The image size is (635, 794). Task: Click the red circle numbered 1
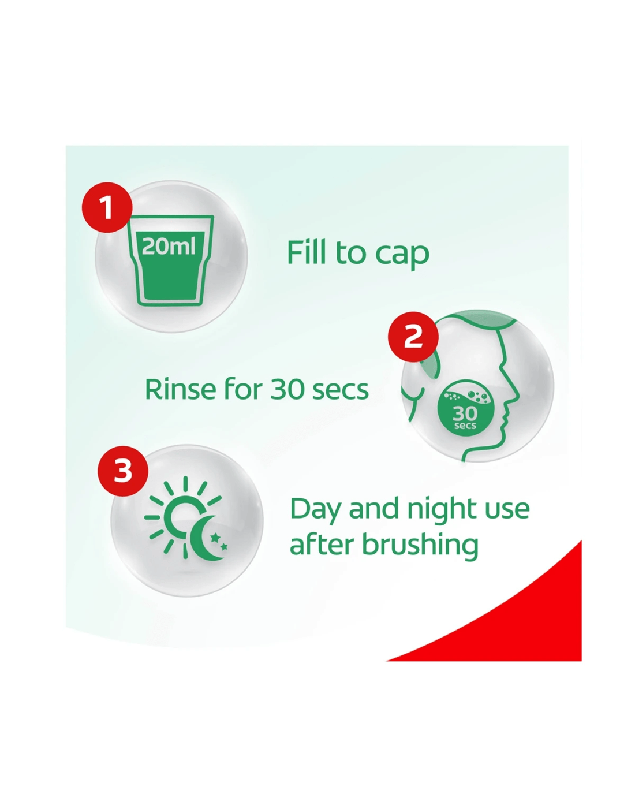107,207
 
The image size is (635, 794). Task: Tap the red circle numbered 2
413,336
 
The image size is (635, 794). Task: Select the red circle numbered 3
123,471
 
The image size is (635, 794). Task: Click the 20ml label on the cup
169,247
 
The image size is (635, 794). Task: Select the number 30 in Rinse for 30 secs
283,390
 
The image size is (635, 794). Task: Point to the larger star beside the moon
215,538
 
